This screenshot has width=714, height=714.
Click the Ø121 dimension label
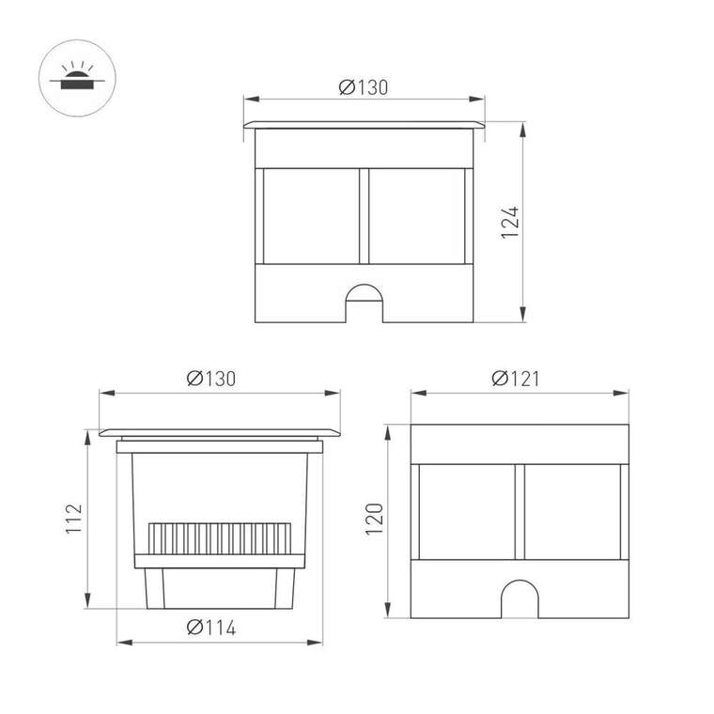pos(516,379)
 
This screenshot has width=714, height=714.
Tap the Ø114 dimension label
pos(211,628)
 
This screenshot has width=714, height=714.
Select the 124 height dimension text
pos(510,223)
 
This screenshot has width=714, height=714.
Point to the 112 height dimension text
pos(74,519)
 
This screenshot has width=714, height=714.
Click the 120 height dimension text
pos(374,520)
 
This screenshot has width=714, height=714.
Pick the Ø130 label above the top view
pos(364,87)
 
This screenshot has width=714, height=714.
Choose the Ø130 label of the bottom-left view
pos(211,379)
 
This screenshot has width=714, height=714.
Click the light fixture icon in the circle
pos(77,75)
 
